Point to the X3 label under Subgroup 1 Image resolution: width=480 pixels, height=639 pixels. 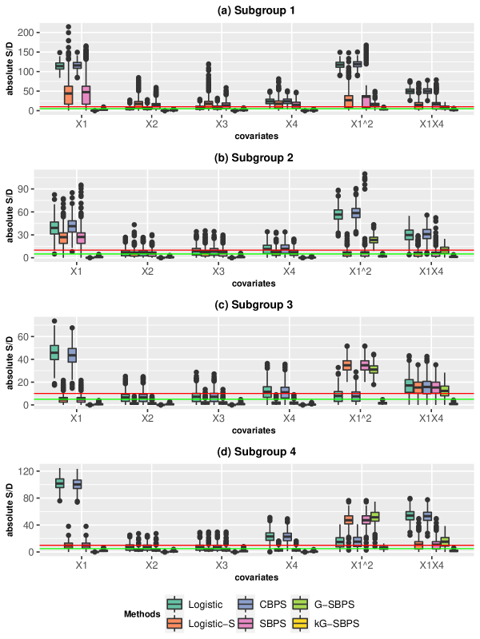click(x=221, y=125)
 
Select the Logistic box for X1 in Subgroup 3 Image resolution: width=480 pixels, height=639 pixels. click(x=54, y=351)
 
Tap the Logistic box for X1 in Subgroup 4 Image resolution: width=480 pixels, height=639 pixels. click(x=59, y=483)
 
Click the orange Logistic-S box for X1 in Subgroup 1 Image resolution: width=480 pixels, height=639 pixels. click(x=69, y=94)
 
